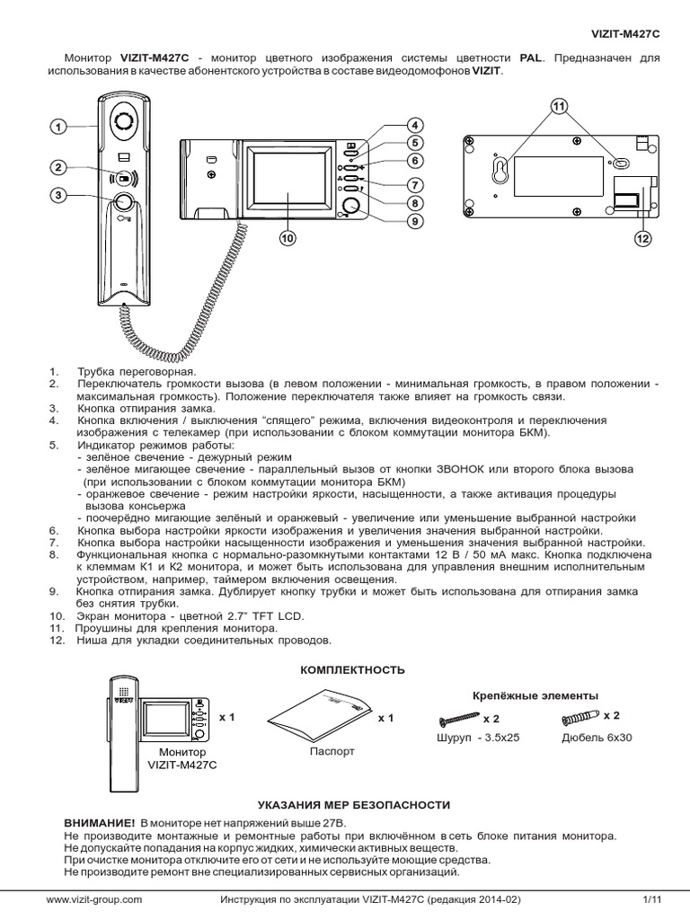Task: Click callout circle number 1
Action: pyautogui.click(x=58, y=128)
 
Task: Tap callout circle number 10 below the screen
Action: pyautogui.click(x=287, y=238)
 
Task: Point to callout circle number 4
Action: pyautogui.click(x=414, y=125)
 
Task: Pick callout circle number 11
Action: pyautogui.click(x=558, y=107)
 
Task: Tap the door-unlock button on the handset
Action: pyautogui.click(x=123, y=203)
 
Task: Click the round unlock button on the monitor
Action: pyautogui.click(x=350, y=207)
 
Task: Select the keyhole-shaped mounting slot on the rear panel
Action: pyautogui.click(x=500, y=170)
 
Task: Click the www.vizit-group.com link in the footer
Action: pyautogui.click(x=94, y=899)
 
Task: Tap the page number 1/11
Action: pyautogui.click(x=651, y=899)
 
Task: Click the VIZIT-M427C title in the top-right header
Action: pyautogui.click(x=624, y=34)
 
